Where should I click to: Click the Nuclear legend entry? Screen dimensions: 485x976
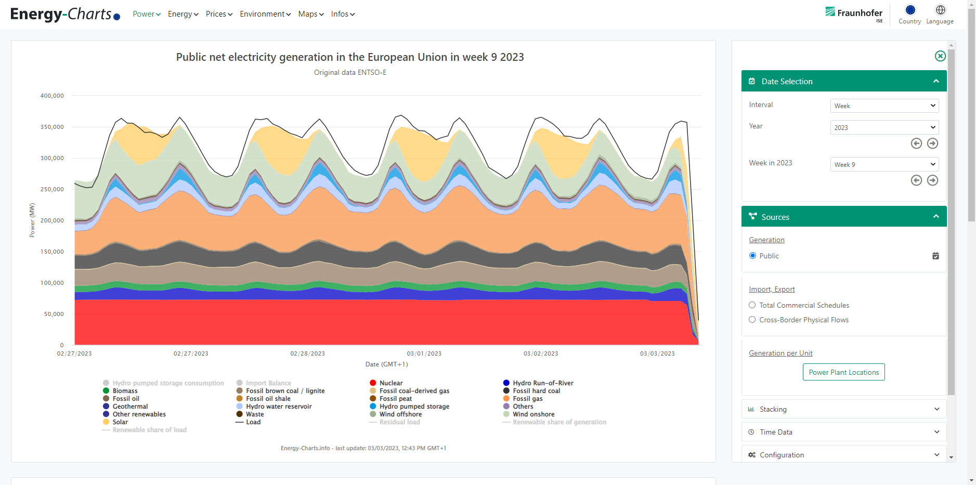pyautogui.click(x=391, y=383)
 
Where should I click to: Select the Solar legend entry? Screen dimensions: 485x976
pyautogui.click(x=120, y=422)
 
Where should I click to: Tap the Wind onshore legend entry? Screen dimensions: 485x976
pyautogui.click(x=533, y=414)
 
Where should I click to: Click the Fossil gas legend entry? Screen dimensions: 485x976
pyautogui.click(x=527, y=399)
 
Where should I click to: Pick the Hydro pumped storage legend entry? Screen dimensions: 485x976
pyautogui.click(x=414, y=407)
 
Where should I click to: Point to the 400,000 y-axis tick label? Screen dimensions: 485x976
pyautogui.click(x=52, y=96)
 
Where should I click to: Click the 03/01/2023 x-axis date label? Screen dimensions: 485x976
pyautogui.click(x=424, y=353)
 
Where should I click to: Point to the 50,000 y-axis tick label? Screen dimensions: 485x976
pyautogui.click(x=54, y=314)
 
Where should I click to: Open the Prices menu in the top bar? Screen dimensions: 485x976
pyautogui.click(x=219, y=14)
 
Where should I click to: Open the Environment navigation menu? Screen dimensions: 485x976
pyautogui.click(x=265, y=14)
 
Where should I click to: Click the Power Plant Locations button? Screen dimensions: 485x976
pyautogui.click(x=843, y=372)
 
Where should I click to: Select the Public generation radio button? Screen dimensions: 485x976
pyautogui.click(x=752, y=256)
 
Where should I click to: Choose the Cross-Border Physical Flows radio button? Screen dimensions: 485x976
pyautogui.click(x=752, y=320)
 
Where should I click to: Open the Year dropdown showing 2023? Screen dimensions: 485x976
pyautogui.click(x=884, y=127)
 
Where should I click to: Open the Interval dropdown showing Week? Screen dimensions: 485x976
pyautogui.click(x=884, y=106)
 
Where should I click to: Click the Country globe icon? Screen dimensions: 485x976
pyautogui.click(x=910, y=10)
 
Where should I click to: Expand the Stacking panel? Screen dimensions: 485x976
pyautogui.click(x=843, y=409)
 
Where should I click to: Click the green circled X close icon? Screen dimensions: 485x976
pyautogui.click(x=940, y=56)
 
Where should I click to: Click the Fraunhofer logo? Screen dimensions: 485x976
pyautogui.click(x=854, y=13)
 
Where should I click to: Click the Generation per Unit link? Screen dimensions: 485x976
pyautogui.click(x=780, y=353)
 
